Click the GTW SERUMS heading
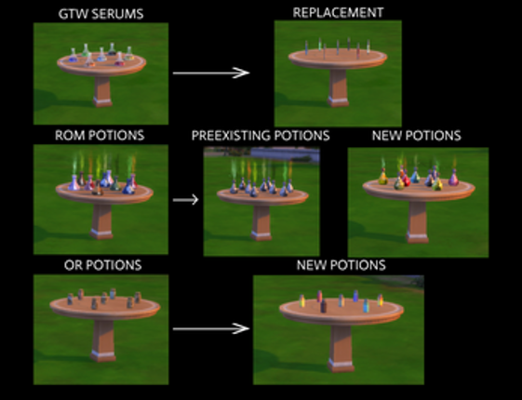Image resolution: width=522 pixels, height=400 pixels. (100, 14)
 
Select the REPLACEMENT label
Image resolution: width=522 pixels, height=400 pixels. (337, 13)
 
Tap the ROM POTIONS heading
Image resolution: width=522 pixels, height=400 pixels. (100, 135)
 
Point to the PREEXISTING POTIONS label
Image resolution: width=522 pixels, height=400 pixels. (261, 136)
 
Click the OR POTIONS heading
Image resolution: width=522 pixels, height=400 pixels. (100, 265)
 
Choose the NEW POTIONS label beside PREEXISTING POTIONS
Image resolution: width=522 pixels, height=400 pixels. (416, 136)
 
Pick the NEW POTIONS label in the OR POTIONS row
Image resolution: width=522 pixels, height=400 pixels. (340, 265)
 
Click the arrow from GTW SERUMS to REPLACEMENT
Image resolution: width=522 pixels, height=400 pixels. (211, 73)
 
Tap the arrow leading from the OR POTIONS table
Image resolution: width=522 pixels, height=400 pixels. (211, 327)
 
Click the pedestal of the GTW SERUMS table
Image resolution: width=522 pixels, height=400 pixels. (101, 90)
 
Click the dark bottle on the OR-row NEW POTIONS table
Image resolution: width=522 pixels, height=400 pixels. (322, 304)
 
